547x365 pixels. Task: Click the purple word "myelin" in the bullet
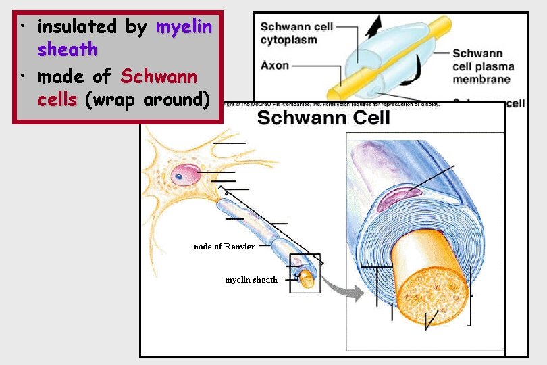coord(184,28)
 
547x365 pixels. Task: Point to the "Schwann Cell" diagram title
coord(323,118)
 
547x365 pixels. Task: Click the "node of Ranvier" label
coord(224,247)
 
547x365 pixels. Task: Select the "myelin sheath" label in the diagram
coord(251,279)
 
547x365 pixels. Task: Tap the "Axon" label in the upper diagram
coord(275,66)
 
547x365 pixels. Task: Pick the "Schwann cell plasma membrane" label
coord(484,66)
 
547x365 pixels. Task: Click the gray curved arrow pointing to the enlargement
coord(342,291)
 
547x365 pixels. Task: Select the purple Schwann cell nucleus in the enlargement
coord(398,197)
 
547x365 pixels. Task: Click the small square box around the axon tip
coord(305,274)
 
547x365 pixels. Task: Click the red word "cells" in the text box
coord(57,100)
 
